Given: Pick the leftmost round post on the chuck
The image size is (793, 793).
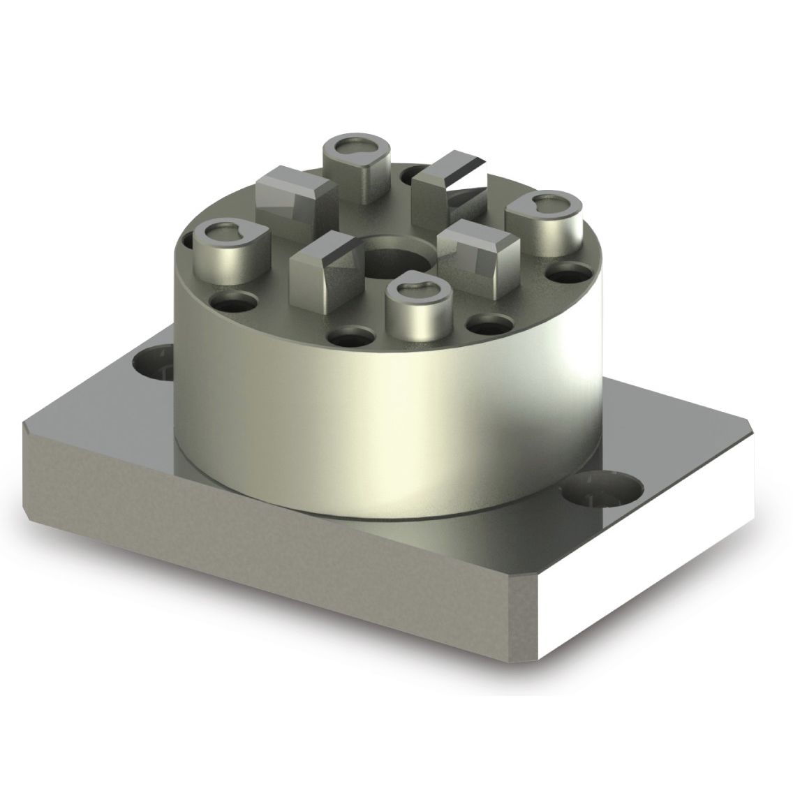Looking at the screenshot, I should pyautogui.click(x=223, y=252).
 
